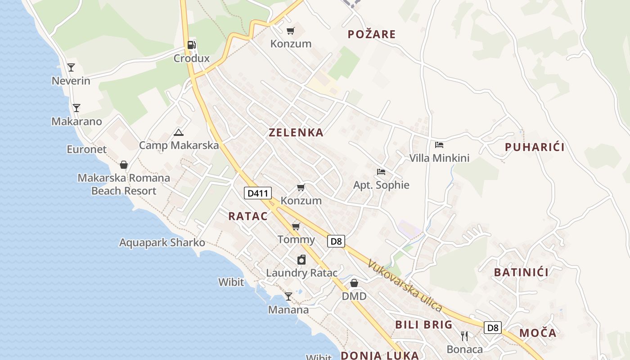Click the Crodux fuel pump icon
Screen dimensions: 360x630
pos(192,45)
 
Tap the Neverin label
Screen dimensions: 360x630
pos(71,81)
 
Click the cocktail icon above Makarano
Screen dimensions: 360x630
pos(76,108)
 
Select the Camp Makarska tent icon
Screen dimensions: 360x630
pos(179,132)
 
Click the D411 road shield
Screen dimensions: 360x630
pos(258,193)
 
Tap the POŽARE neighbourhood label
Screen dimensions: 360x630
pos(372,34)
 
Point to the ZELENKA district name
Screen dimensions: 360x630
pos(296,132)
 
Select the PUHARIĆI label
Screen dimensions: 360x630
pos(535,147)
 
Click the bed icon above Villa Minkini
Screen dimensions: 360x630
pos(439,145)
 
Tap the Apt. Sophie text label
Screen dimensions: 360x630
pos(381,185)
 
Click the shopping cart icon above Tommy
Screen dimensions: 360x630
pos(296,226)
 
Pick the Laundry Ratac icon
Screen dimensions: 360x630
pos(301,260)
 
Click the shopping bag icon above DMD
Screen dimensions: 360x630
pos(354,283)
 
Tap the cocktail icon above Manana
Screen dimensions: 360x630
pos(288,297)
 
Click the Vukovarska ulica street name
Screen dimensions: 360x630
pos(405,285)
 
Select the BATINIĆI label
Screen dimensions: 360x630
pos(521,272)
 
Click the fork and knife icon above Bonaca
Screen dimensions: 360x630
pos(464,336)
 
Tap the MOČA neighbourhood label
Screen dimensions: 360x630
pos(538,333)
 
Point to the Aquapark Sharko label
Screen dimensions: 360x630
pos(162,243)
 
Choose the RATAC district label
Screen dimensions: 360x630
pos(248,216)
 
